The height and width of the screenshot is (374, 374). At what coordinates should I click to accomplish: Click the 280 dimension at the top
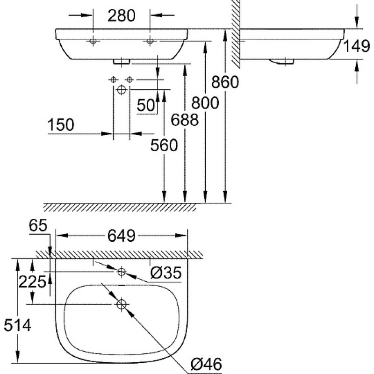(x=122, y=16)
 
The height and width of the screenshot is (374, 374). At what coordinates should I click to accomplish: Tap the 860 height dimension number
(x=225, y=82)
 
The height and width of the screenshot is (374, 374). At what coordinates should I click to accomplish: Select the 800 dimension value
(x=205, y=103)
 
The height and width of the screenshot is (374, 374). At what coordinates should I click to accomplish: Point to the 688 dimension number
(x=185, y=120)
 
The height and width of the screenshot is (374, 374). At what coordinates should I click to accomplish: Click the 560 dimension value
(x=164, y=145)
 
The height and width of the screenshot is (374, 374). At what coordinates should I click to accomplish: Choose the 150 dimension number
(x=61, y=125)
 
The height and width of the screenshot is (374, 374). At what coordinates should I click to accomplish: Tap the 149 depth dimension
(x=357, y=46)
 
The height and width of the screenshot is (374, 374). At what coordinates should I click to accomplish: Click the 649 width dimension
(x=122, y=236)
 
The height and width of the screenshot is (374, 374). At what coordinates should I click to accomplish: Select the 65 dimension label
(x=38, y=225)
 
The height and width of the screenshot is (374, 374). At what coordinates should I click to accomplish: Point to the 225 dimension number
(x=32, y=282)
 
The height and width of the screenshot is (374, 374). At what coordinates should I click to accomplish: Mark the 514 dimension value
(x=18, y=325)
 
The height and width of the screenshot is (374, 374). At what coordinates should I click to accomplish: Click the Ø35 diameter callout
(x=166, y=273)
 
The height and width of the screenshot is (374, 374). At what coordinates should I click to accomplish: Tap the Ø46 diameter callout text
(x=206, y=364)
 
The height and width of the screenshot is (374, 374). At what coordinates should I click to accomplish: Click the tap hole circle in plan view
(x=122, y=272)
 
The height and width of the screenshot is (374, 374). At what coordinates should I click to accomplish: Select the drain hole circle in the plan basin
(x=122, y=304)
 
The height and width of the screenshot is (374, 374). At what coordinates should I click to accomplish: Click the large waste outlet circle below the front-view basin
(x=122, y=90)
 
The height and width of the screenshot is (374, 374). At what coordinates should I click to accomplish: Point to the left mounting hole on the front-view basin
(x=93, y=41)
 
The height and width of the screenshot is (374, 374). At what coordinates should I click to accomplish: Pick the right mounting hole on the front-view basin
(x=150, y=41)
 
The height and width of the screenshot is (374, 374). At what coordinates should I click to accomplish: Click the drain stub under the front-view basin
(x=122, y=62)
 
